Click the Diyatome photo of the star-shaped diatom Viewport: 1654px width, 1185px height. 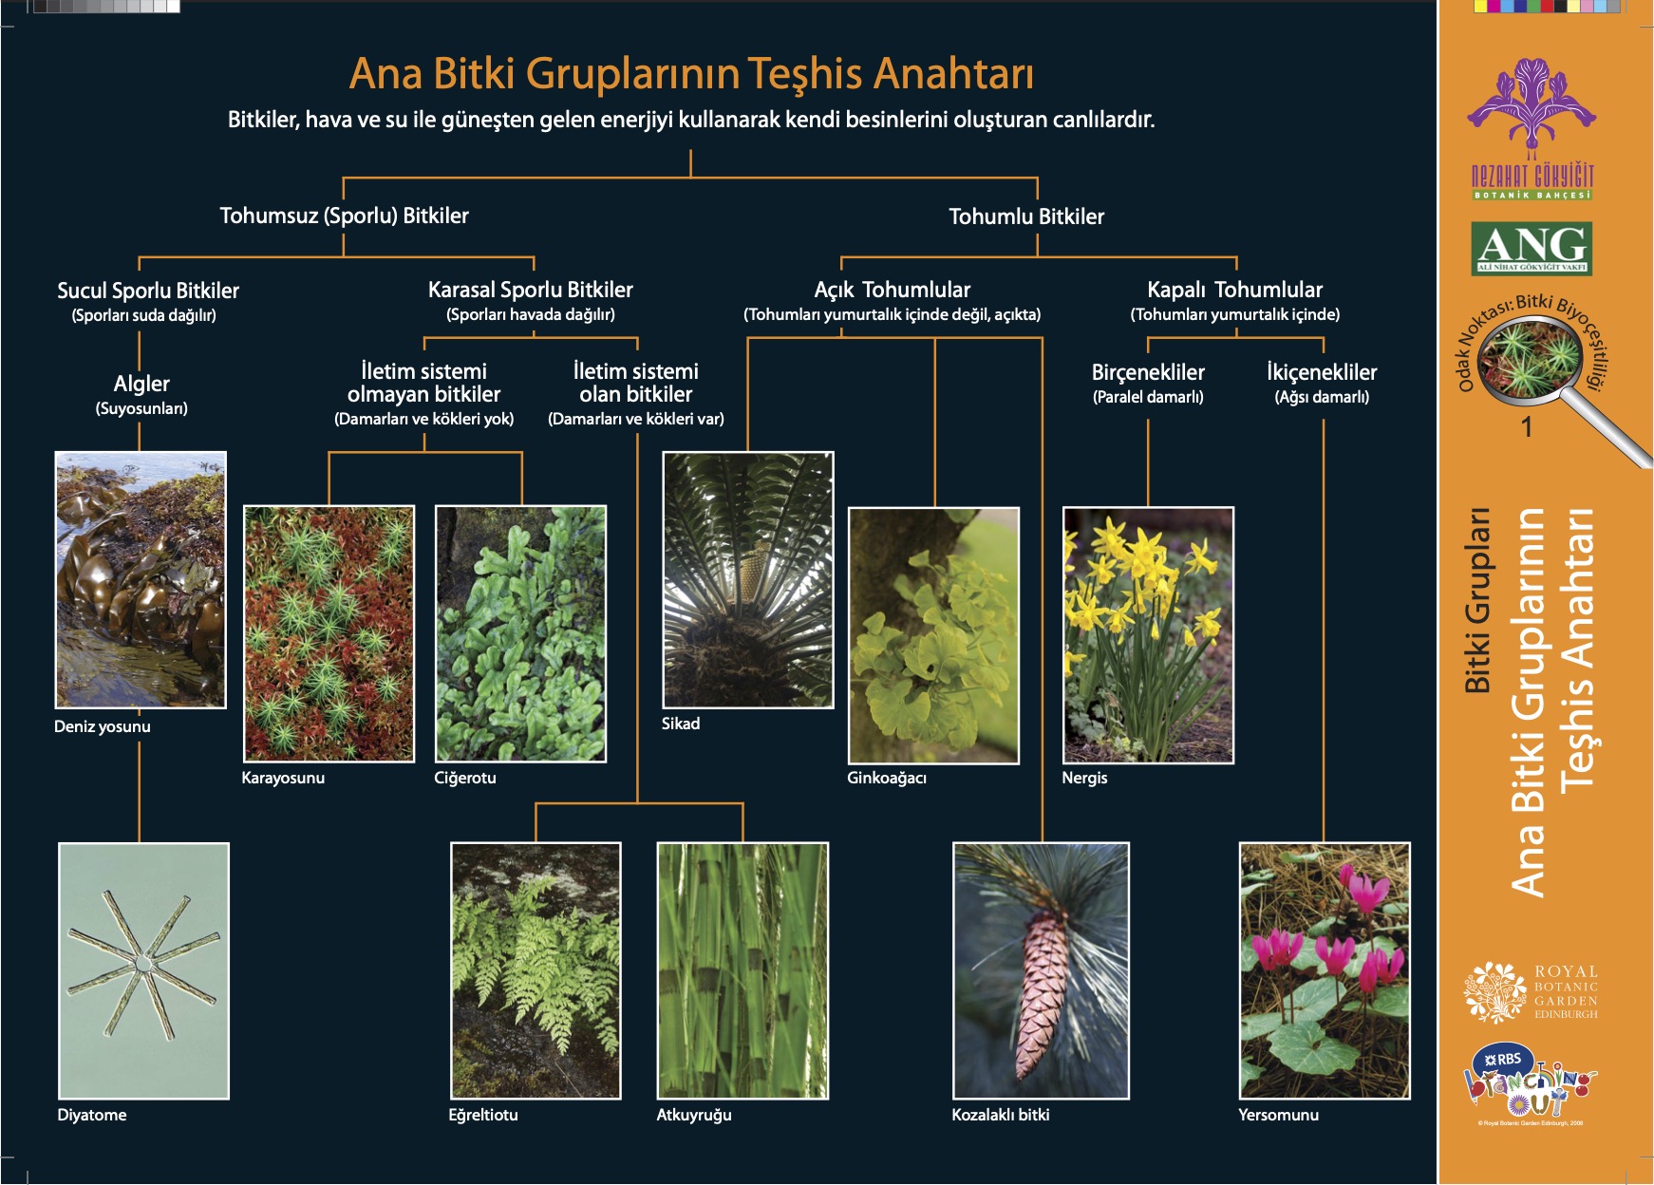(x=143, y=969)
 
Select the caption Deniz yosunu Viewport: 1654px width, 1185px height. (x=103, y=726)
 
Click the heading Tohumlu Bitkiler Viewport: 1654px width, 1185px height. (x=1026, y=216)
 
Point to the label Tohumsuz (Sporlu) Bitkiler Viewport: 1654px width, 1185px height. (x=344, y=216)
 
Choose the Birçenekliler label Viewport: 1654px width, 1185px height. (x=1148, y=372)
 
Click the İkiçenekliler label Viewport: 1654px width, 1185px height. (x=1322, y=372)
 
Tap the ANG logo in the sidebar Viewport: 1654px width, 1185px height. (x=1532, y=248)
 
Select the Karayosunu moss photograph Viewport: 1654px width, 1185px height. (x=329, y=633)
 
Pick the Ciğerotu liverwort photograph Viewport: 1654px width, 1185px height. (x=520, y=633)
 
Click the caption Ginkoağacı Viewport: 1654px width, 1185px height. (x=887, y=778)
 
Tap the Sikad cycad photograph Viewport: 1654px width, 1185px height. (x=747, y=579)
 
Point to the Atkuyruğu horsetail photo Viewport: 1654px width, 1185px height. (x=742, y=969)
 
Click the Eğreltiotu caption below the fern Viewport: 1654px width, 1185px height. (x=483, y=1115)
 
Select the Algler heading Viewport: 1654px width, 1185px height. (x=141, y=384)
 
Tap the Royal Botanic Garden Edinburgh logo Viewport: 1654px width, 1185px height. (x=1532, y=992)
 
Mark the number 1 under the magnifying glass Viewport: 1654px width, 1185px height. (x=1527, y=427)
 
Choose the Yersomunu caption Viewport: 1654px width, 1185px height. (x=1278, y=1115)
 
